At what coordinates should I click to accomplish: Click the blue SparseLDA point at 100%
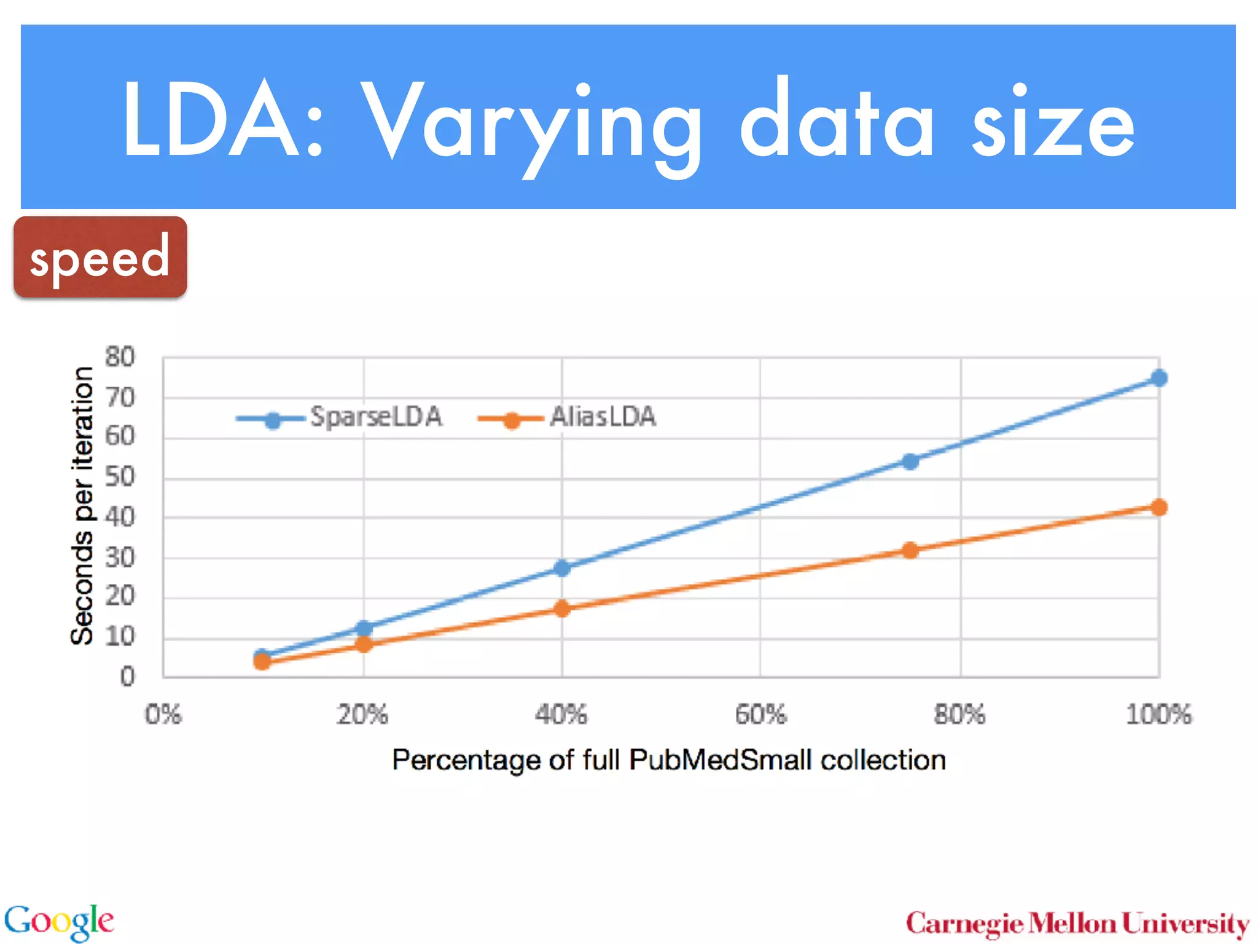click(x=1158, y=378)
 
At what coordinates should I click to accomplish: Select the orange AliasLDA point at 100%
click(x=1158, y=507)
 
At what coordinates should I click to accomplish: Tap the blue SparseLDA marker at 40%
click(x=561, y=568)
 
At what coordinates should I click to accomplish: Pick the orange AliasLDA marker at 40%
click(x=561, y=608)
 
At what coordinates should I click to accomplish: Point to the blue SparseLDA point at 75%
click(x=910, y=461)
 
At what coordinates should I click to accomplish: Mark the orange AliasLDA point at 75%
click(x=910, y=550)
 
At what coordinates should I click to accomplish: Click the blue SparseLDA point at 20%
click(x=364, y=628)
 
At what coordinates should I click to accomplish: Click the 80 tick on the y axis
click(x=120, y=357)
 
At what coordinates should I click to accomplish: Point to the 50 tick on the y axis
click(x=120, y=477)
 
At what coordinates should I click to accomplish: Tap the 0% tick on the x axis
click(x=163, y=715)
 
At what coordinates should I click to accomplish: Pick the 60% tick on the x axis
click(x=760, y=715)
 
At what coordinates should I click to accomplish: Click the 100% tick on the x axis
click(x=1158, y=715)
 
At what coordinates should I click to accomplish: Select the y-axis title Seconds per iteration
click(x=82, y=505)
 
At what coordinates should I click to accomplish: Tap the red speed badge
click(x=100, y=258)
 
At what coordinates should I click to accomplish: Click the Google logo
click(x=59, y=922)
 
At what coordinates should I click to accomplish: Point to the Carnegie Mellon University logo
click(x=1077, y=924)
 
